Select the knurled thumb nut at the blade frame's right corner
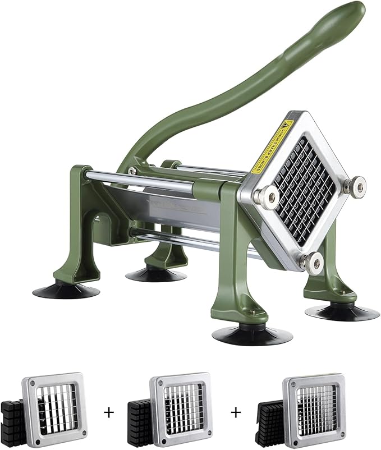pyautogui.click(x=355, y=185)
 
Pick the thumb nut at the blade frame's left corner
pyautogui.click(x=263, y=195)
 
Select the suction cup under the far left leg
pyautogui.click(x=66, y=290)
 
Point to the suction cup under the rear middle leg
pyautogui.click(x=155, y=274)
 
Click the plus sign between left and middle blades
pyautogui.click(x=108, y=411)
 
